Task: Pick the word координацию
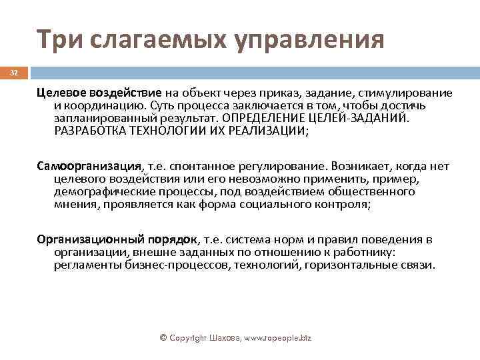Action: [x=106, y=106]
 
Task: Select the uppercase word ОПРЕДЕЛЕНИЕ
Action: [x=268, y=118]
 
